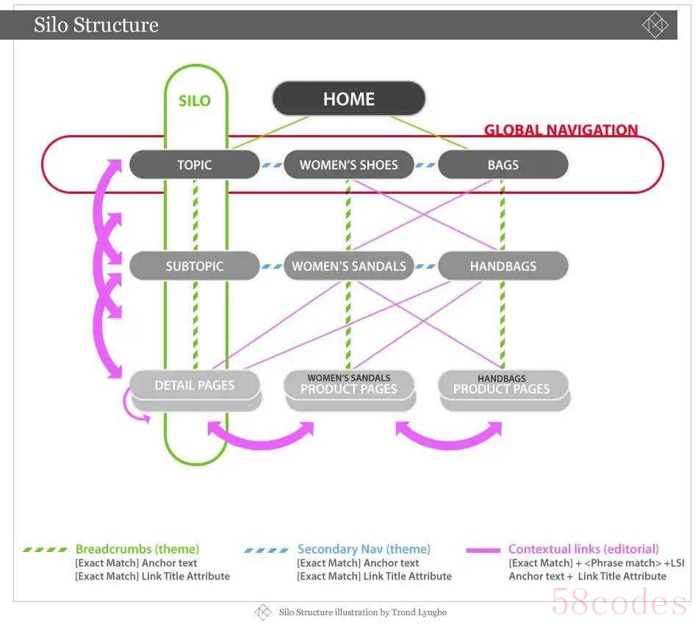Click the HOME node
click(x=348, y=98)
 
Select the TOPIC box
click(x=195, y=164)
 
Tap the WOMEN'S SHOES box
click(x=348, y=164)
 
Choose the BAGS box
click(x=503, y=164)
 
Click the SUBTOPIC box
click(x=195, y=266)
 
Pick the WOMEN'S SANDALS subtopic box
click(x=348, y=266)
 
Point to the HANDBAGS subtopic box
click(x=503, y=266)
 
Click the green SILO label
click(x=195, y=101)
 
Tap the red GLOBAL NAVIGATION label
click(x=561, y=130)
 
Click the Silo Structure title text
click(x=96, y=24)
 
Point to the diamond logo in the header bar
click(x=655, y=24)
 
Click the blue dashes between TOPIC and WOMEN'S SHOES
click(x=272, y=165)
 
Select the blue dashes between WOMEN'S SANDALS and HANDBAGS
click(x=425, y=266)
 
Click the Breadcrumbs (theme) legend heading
click(x=137, y=549)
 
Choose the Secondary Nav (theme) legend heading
click(x=364, y=549)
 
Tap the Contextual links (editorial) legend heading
click(x=583, y=549)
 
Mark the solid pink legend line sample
click(x=483, y=550)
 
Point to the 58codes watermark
click(x=619, y=602)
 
